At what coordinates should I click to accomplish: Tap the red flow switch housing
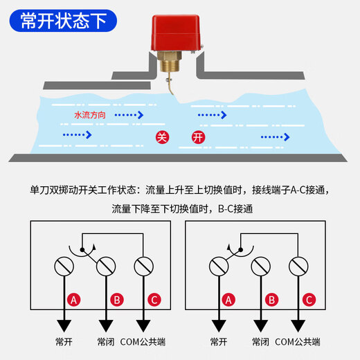click(x=172, y=35)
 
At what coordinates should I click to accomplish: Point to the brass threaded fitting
click(x=172, y=66)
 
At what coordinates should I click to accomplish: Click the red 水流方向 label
click(x=89, y=115)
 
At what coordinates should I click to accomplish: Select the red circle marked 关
click(x=161, y=136)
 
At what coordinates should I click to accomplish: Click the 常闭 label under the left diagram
click(x=107, y=341)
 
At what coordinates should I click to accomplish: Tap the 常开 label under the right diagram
click(x=219, y=341)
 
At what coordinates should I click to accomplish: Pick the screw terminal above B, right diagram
click(x=261, y=265)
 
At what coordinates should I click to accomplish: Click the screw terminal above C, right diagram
click(x=299, y=265)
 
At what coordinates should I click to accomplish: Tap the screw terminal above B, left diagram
click(x=107, y=265)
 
